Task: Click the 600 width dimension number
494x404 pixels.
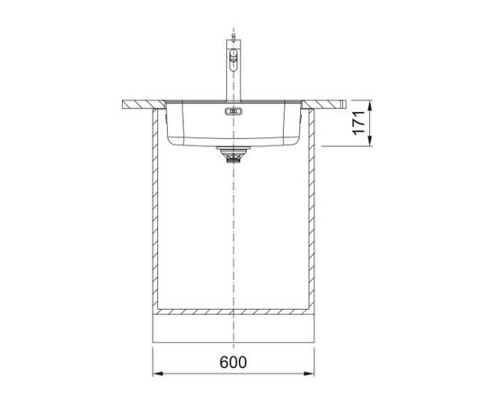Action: point(234,362)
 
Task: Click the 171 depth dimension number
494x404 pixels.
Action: point(359,123)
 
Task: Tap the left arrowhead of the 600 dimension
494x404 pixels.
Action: point(157,373)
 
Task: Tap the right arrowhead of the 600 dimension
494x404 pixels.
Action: point(309,373)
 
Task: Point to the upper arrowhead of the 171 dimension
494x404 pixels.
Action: point(370,105)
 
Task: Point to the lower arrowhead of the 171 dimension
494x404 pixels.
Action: point(370,141)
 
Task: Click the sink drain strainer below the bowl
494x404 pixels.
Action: point(234,154)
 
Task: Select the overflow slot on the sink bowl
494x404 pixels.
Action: point(234,111)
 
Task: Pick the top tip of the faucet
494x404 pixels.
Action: point(234,34)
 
